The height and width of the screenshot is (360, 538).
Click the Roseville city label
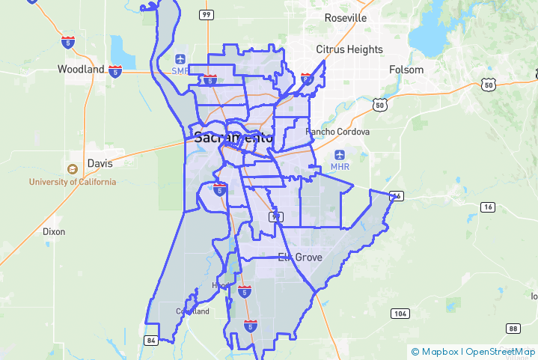[x=345, y=17]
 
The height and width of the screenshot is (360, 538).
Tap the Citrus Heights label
[x=349, y=49]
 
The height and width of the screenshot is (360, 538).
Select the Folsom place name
[x=406, y=70]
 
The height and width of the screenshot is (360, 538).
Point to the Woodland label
[x=81, y=69]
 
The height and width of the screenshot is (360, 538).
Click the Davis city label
[x=100, y=162]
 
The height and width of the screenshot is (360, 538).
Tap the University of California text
[x=73, y=182]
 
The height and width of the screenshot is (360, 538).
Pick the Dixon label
[x=53, y=232]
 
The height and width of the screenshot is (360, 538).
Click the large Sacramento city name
[x=233, y=138]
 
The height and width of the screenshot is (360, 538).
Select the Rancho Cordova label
[x=338, y=132]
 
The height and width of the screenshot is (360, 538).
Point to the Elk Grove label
[x=300, y=257]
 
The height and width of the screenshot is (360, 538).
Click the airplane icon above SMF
[x=180, y=59]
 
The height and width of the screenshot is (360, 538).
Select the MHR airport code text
[x=340, y=165]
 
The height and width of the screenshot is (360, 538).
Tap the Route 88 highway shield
[x=513, y=329]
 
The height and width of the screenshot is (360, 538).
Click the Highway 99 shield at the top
[x=206, y=15]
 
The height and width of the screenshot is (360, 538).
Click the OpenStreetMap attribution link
[x=501, y=351]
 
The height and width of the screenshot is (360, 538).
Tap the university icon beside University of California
[x=73, y=170]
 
